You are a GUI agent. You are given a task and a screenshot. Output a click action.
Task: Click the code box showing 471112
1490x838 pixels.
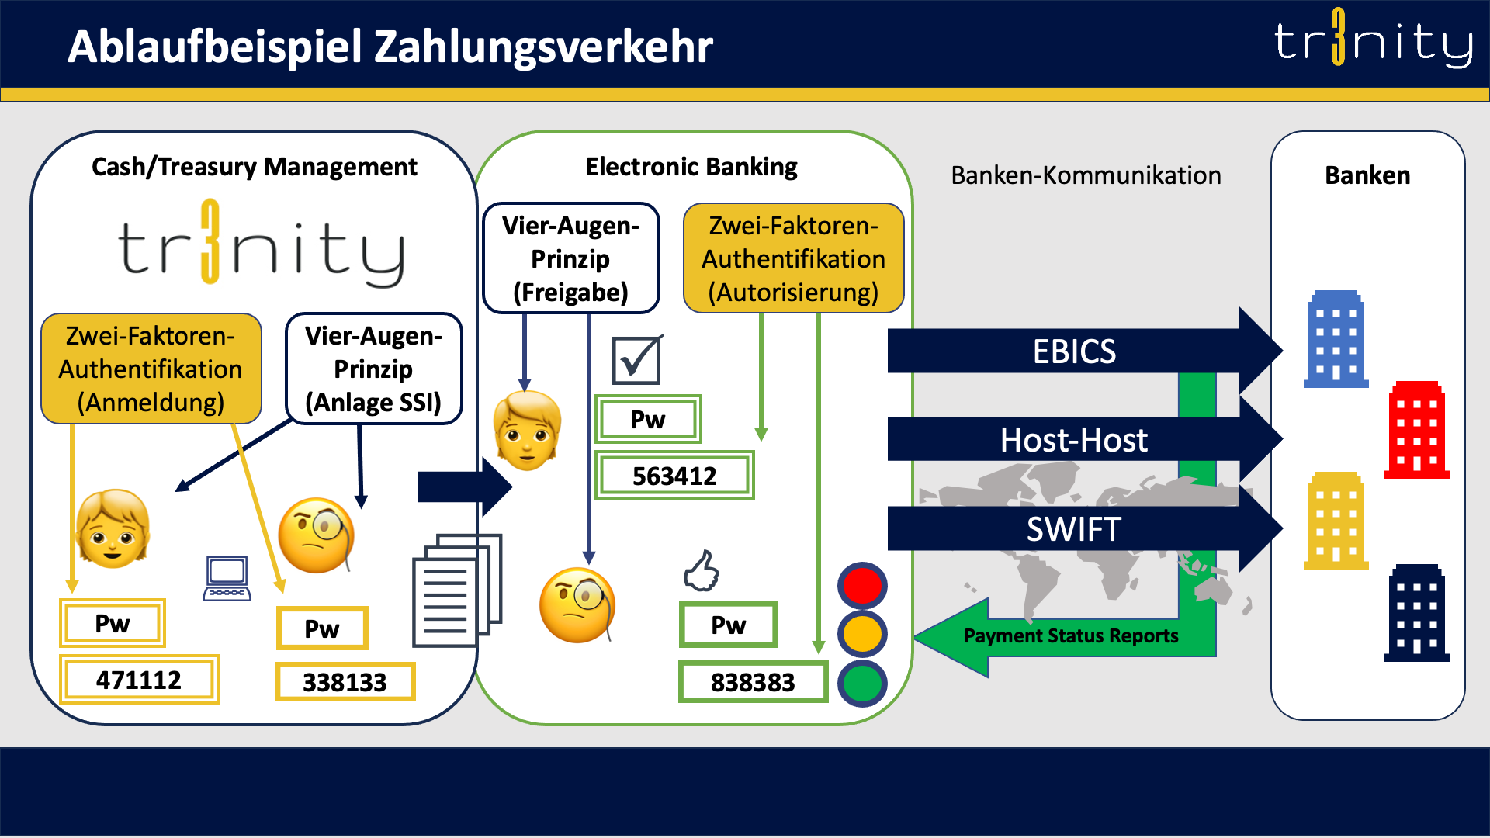tap(139, 680)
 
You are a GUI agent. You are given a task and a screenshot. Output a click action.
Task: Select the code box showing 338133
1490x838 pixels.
tap(345, 682)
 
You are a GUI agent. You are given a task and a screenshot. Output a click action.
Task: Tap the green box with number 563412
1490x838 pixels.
tap(674, 475)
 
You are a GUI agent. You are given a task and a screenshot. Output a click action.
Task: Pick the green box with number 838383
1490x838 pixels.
tap(752, 682)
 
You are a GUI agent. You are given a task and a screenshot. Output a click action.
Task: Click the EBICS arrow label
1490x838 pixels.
tap(1074, 351)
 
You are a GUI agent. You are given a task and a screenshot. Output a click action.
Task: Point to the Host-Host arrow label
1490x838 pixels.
tap(1074, 440)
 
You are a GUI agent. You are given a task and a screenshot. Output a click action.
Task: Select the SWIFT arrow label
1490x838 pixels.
tap(1074, 529)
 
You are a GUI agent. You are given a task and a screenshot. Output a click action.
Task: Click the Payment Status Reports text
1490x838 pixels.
tap(1071, 635)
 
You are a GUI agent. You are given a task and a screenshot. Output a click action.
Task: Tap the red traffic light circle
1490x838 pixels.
tap(862, 586)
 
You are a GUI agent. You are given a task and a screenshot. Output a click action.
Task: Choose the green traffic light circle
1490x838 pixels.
tap(862, 682)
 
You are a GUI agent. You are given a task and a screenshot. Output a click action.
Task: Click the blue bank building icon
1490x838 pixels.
tap(1336, 339)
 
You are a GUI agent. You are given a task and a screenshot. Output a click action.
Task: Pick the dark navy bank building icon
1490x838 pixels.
tap(1416, 613)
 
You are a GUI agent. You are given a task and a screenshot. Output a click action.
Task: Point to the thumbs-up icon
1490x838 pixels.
tap(702, 571)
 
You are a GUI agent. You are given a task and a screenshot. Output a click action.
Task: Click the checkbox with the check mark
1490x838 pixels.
tap(636, 360)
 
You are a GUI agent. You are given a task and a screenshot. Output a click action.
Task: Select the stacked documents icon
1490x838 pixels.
tap(456, 590)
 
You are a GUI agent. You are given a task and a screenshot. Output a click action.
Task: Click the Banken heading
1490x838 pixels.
tap(1367, 175)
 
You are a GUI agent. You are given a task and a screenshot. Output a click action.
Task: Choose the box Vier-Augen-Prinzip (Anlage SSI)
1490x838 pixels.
tap(373, 369)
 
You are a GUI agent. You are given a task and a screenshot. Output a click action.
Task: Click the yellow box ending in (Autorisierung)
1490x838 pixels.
tap(793, 258)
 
